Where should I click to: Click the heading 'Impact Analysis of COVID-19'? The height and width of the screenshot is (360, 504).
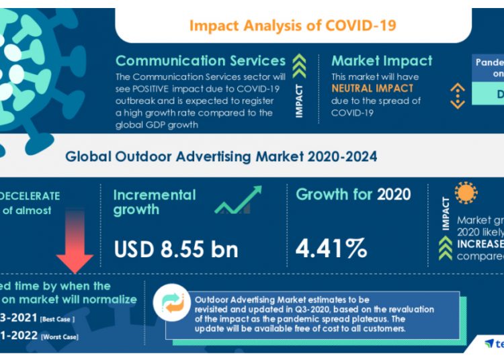292,26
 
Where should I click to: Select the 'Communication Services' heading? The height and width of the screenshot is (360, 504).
200,60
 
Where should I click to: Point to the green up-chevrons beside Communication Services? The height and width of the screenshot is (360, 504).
300,66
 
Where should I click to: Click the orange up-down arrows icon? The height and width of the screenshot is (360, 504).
458,95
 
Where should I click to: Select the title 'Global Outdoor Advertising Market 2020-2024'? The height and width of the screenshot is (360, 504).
221,156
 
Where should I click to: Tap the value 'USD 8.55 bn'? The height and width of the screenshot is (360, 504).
176,249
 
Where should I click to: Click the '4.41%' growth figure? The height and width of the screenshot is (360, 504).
331,249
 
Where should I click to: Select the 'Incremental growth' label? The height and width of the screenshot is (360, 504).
155,202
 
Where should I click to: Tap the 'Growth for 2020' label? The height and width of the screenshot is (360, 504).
353,195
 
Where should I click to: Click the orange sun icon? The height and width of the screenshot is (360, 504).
465,193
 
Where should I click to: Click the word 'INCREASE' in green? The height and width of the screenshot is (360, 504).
480,243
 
